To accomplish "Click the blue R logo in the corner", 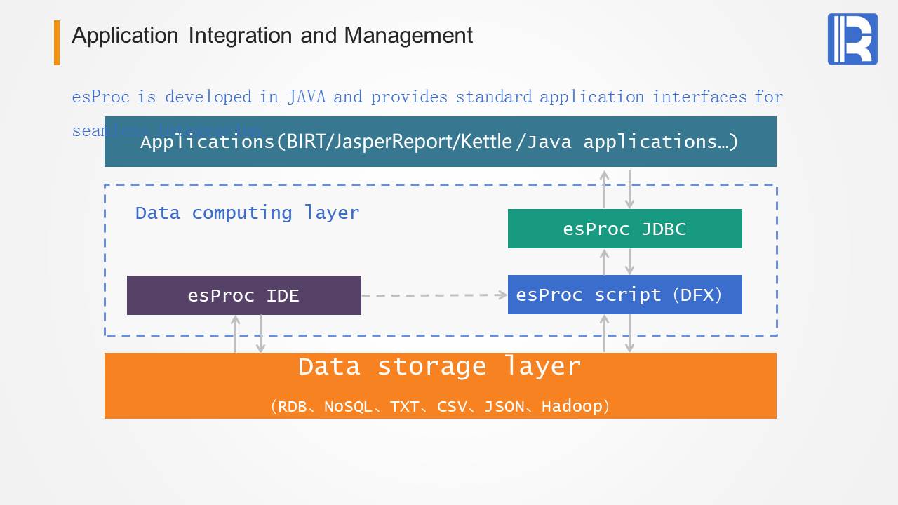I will point(852,39).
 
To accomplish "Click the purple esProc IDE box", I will point(243,295).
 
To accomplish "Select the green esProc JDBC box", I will point(624,229).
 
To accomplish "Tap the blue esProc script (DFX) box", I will point(624,295).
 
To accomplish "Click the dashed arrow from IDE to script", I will point(434,295).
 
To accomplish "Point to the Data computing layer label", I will point(247,213).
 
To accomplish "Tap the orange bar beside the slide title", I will point(57,43).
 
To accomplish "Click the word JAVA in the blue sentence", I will point(307,97).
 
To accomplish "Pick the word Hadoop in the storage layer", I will point(572,406).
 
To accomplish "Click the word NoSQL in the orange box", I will point(348,406).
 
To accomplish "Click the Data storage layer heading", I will point(440,366).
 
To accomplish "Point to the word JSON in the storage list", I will point(504,406).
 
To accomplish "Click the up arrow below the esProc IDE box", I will point(236,334).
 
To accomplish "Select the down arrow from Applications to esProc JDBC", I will point(629,189).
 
